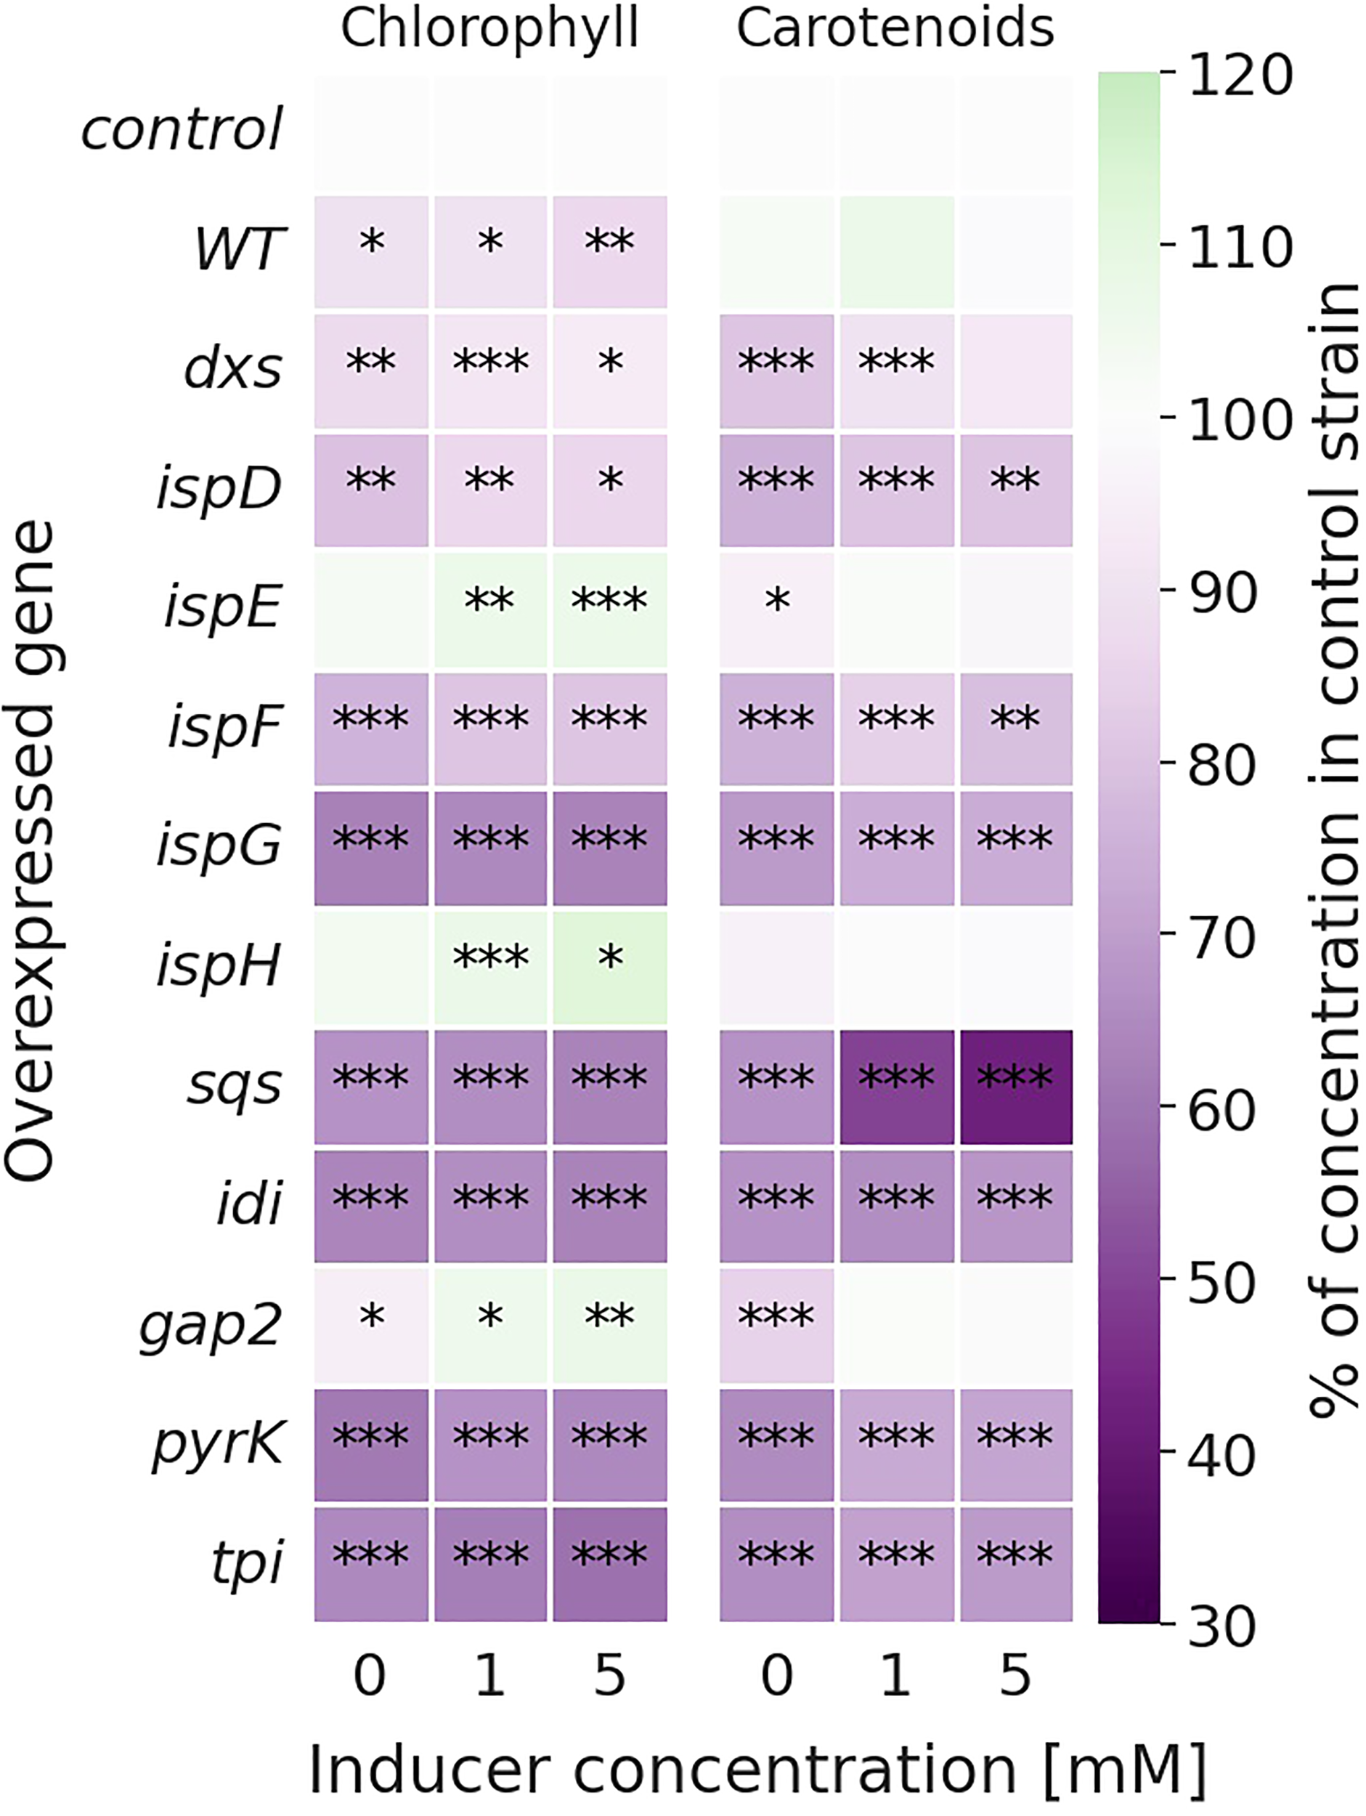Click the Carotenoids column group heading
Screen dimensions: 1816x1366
click(895, 30)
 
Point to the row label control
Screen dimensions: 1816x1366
click(182, 130)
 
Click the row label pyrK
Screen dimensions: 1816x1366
click(219, 1443)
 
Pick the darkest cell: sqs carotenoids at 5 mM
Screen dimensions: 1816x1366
click(1015, 1086)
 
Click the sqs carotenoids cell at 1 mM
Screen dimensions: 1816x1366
click(896, 1086)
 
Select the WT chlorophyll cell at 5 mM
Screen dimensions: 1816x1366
click(609, 251)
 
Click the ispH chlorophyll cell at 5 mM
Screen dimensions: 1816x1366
click(609, 967)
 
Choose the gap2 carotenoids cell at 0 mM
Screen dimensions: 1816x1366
click(776, 1325)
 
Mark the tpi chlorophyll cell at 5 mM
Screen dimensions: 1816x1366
click(609, 1563)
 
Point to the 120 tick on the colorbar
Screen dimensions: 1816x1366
click(1240, 76)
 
